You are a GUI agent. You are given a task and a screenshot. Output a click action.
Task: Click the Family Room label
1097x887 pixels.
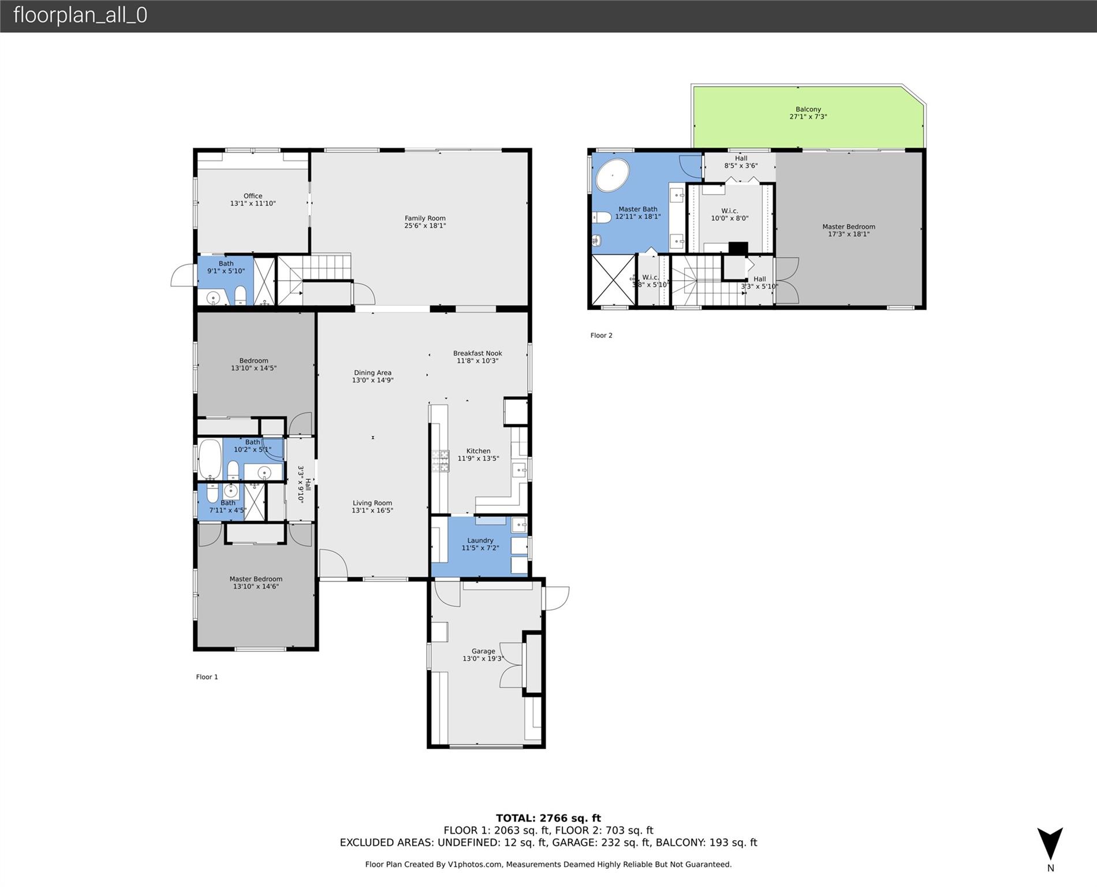425,222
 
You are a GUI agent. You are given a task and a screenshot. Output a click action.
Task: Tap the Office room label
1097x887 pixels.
253,200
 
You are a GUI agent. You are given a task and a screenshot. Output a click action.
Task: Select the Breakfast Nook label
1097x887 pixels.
477,357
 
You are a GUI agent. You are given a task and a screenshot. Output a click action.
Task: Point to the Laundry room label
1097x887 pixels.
480,544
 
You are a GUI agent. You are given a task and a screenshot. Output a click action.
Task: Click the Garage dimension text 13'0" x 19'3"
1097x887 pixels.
483,658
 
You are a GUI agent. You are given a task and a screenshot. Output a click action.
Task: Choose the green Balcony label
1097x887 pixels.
808,113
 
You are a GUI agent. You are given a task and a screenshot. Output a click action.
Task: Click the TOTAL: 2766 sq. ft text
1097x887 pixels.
548,818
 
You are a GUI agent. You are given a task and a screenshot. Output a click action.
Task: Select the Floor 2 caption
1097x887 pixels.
601,336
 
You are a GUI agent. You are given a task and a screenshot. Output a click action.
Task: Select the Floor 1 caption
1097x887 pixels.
207,677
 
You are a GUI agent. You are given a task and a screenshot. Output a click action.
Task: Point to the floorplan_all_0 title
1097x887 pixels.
80,15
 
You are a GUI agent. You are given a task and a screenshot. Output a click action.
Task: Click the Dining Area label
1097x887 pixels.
372,377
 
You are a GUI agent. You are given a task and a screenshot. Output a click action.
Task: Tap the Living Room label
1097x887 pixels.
372,506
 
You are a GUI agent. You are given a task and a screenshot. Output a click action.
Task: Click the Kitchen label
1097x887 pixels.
478,454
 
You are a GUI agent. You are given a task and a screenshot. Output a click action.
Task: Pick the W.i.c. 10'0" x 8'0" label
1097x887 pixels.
730,215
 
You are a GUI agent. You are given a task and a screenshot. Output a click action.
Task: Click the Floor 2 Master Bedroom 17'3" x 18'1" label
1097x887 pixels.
849,230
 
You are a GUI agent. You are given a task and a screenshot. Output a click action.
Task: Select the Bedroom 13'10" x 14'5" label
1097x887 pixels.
253,364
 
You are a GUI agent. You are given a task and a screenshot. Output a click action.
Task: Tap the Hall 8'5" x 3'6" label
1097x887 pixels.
741,162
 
